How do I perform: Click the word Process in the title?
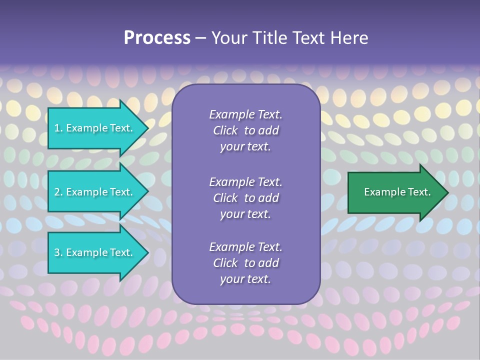[157, 38]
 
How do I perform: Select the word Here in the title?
[349, 38]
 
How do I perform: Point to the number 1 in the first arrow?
[57, 128]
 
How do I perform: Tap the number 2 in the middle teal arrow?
[57, 192]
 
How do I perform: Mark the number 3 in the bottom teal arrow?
[57, 252]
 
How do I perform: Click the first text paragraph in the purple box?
[245, 130]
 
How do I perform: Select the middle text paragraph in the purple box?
[245, 198]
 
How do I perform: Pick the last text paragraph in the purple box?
[245, 263]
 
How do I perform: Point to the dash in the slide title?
[200, 38]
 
